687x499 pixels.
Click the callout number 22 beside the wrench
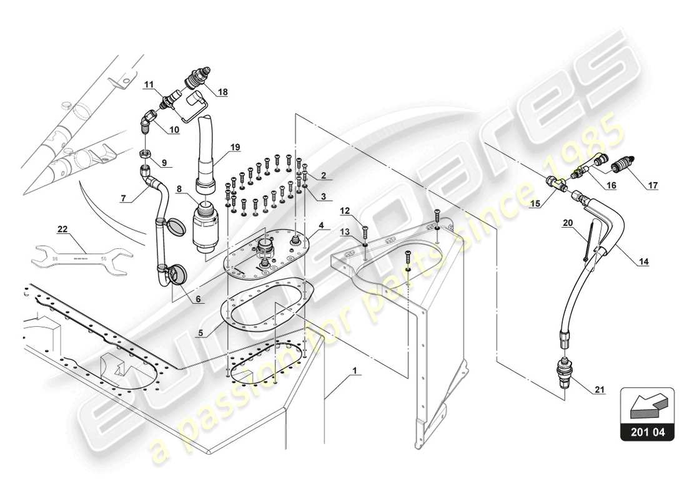pos(62,230)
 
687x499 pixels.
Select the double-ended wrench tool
pos(81,255)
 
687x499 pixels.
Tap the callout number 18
pos(222,92)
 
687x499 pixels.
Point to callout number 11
pos(149,84)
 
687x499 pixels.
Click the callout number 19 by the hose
pos(234,148)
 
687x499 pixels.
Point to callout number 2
pos(324,176)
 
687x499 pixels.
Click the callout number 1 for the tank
pos(355,370)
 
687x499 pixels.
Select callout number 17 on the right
pos(652,185)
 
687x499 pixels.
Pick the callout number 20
pos(567,223)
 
